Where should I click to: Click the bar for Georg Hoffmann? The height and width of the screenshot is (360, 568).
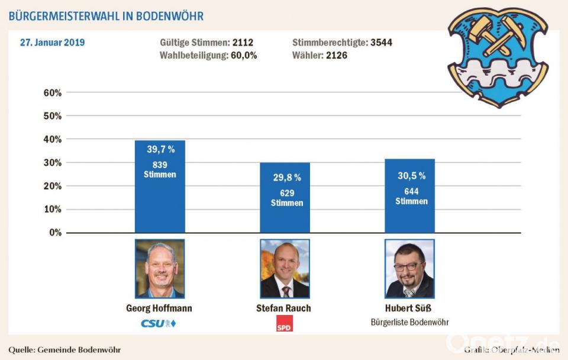[x=160, y=187]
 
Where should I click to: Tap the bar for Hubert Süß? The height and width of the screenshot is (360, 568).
[x=409, y=195]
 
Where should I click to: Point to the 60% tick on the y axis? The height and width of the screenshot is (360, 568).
[x=53, y=93]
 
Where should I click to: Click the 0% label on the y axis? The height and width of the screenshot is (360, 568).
[x=55, y=233]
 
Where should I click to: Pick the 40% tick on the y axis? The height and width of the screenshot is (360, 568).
[x=53, y=140]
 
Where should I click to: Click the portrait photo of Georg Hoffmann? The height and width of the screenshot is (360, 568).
[x=160, y=269]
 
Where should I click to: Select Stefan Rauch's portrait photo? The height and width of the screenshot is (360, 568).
[x=285, y=269]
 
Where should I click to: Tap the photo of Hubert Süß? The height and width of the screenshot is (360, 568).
[x=409, y=269]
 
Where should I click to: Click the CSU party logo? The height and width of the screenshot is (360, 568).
[x=159, y=323]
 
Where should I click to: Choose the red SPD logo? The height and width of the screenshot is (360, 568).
[x=285, y=323]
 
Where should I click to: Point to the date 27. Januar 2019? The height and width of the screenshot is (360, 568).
[x=52, y=43]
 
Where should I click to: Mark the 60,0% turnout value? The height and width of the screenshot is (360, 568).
[x=244, y=55]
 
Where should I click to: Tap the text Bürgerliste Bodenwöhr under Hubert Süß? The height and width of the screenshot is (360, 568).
[x=409, y=323]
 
